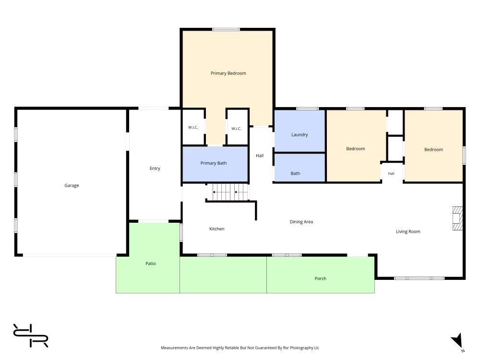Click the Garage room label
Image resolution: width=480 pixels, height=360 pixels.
tap(72, 185)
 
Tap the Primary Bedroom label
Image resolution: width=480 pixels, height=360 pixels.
tap(228, 73)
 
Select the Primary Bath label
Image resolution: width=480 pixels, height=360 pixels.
tap(214, 163)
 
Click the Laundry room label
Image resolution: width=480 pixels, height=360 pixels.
tap(300, 135)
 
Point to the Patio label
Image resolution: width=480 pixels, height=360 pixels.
tap(151, 264)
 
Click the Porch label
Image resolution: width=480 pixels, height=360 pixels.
tap(321, 278)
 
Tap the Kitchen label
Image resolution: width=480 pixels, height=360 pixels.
tap(217, 229)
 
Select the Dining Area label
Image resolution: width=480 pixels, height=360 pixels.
tap(301, 222)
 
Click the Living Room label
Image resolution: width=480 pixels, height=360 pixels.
tap(408, 232)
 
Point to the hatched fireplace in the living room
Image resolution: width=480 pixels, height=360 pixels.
tap(457, 218)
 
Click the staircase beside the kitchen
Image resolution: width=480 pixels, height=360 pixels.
tap(228, 192)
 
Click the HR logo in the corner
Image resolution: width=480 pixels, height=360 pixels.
tap(31, 336)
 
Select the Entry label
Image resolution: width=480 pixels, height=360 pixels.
tap(155, 168)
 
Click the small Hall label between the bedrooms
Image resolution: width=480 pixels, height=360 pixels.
tap(391, 174)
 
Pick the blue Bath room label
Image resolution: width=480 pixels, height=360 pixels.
tap(295, 174)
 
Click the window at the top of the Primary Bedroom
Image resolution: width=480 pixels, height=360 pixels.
tap(226, 29)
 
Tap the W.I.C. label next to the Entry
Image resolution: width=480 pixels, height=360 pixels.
tap(193, 127)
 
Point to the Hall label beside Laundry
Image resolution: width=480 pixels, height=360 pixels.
tap(260, 156)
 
